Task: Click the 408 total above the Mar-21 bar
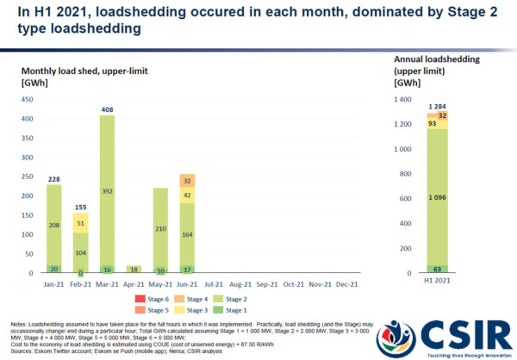coord(107,110)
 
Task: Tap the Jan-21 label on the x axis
coord(53,282)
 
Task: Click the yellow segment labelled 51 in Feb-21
coord(80,223)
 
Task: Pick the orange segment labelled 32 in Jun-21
coord(186,179)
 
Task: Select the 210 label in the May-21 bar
coord(159,230)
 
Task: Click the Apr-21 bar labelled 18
coord(134,269)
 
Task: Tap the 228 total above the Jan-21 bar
coord(53,179)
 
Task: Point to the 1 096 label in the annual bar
coord(439,198)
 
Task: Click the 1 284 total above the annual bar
coord(439,106)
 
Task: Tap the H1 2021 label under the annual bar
coord(439,284)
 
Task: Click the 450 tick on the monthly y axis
coord(29,100)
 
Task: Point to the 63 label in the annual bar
coord(439,269)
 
